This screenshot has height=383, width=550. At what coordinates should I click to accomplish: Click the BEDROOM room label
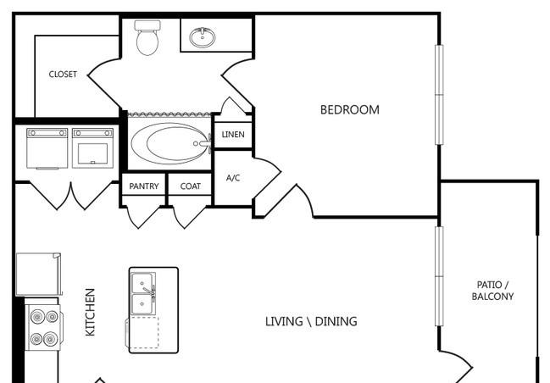click(x=350, y=110)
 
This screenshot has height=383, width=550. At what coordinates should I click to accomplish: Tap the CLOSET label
click(x=63, y=75)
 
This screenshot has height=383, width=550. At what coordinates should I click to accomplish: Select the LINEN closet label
click(x=233, y=135)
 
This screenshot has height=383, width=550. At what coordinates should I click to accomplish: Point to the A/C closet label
click(x=233, y=178)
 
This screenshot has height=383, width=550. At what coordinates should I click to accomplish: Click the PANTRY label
click(x=144, y=186)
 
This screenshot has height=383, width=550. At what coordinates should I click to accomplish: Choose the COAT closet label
click(x=191, y=186)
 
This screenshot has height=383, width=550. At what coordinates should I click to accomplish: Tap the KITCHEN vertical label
click(x=90, y=312)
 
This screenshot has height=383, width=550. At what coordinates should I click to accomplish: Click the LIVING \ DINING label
click(x=311, y=321)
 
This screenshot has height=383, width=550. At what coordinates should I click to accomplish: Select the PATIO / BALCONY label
click(x=492, y=291)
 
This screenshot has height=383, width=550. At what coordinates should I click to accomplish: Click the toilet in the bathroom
click(x=147, y=37)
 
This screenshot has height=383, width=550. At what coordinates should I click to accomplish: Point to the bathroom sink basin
click(x=203, y=37)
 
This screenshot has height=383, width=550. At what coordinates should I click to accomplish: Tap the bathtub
click(x=170, y=143)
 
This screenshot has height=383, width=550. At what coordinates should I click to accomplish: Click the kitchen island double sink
click(x=142, y=294)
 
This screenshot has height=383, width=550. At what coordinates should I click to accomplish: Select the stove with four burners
click(x=44, y=327)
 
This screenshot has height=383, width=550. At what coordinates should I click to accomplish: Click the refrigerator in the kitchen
click(x=39, y=275)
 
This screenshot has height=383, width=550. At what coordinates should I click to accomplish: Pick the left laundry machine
click(x=47, y=148)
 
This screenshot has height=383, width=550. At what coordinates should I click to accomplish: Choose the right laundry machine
click(x=93, y=148)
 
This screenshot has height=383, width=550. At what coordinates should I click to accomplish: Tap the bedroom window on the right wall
click(x=439, y=95)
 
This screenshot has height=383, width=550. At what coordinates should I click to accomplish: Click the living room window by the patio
click(x=439, y=276)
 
